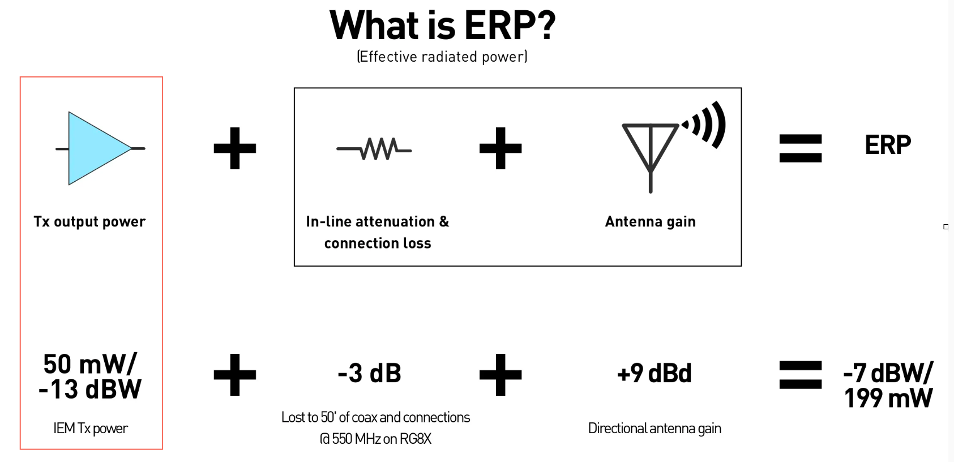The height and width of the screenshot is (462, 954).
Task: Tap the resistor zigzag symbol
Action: click(374, 149)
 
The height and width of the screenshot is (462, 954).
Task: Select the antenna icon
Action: click(651, 158)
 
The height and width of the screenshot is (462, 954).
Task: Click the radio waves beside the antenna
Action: click(705, 125)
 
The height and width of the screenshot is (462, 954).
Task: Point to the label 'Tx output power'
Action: click(89, 222)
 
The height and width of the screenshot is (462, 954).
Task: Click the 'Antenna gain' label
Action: click(651, 222)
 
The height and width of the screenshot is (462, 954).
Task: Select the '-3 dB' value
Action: click(369, 374)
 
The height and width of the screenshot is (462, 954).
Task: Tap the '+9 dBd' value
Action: click(654, 374)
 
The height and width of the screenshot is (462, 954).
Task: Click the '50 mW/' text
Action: click(90, 364)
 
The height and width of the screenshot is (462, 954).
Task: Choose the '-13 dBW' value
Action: click(90, 389)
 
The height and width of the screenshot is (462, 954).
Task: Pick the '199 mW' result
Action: click(888, 398)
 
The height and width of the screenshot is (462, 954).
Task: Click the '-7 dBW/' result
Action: click(888, 373)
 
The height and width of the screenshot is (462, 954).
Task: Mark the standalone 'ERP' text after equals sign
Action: click(888, 145)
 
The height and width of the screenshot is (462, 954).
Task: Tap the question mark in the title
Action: click(544, 25)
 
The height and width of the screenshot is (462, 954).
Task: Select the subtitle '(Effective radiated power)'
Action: click(442, 57)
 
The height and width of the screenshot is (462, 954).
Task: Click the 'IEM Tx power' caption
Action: click(90, 429)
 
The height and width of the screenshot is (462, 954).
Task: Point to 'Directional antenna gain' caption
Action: click(654, 429)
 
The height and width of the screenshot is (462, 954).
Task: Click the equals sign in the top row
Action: click(800, 148)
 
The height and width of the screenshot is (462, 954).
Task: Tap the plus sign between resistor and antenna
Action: click(500, 148)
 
